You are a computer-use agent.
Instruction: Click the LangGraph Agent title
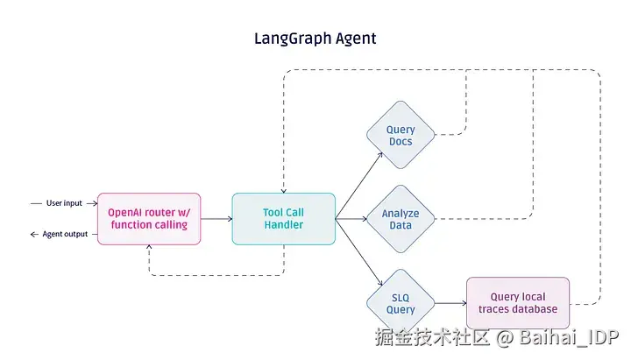click(x=315, y=39)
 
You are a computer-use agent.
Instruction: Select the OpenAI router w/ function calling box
click(x=148, y=219)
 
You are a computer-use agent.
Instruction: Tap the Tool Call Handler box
click(x=283, y=219)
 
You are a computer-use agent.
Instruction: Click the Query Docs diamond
click(x=401, y=136)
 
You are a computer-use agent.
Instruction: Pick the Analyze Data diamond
click(x=401, y=219)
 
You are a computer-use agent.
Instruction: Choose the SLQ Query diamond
click(x=401, y=303)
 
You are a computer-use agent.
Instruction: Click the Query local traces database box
click(x=517, y=303)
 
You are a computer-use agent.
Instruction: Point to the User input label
click(x=64, y=203)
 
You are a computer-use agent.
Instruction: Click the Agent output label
click(x=65, y=234)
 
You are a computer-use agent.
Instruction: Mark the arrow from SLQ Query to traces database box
click(x=450, y=304)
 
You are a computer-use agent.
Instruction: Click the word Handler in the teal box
click(x=283, y=225)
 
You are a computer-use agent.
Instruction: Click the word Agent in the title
click(x=351, y=39)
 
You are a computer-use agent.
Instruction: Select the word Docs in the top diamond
click(x=401, y=142)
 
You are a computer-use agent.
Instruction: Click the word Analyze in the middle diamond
click(x=401, y=213)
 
